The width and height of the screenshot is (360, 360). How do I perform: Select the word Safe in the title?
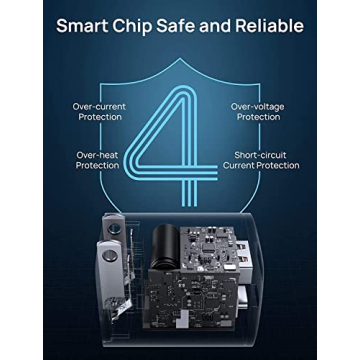pyautogui.click(x=175, y=26)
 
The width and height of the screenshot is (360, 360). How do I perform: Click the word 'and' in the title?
pyautogui.click(x=214, y=26)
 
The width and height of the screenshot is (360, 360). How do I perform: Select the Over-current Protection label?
pyautogui.click(x=99, y=112)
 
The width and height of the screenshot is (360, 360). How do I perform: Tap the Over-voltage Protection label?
pyautogui.click(x=258, y=112)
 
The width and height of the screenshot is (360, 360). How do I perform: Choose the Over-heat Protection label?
pyautogui.click(x=97, y=160)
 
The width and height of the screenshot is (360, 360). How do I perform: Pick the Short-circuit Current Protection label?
pyautogui.click(x=261, y=160)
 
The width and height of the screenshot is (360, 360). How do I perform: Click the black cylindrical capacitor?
pyautogui.click(x=165, y=246)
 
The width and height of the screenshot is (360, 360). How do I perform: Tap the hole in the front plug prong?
pyautogui.click(x=110, y=256)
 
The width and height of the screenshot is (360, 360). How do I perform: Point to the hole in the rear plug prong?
pyautogui.click(x=114, y=228)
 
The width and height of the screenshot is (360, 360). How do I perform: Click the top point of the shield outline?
pyautogui.click(x=180, y=58)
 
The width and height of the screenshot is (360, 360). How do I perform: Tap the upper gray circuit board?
pyautogui.click(x=209, y=249)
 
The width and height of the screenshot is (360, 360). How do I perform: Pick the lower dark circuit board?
pyautogui.click(x=192, y=298)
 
